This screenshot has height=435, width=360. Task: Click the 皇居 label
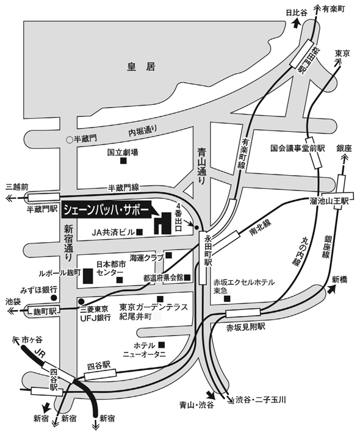pyautogui.click(x=141, y=67)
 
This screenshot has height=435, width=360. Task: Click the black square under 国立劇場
pyautogui.click(x=123, y=160)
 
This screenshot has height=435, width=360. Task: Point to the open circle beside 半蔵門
pyautogui.click(x=70, y=140)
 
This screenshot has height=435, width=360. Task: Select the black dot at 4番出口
pyautogui.click(x=196, y=228)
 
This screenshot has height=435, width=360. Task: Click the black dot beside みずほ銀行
pyautogui.click(x=54, y=298)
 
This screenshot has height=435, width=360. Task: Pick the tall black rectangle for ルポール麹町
pyautogui.click(x=88, y=276)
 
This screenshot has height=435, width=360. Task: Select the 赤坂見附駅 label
pyautogui.click(x=246, y=327)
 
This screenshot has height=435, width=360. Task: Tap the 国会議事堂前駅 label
pyautogui.click(x=298, y=148)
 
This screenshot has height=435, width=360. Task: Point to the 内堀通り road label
pyautogui.click(x=143, y=131)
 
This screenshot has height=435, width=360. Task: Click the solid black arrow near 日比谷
pyautogui.click(x=297, y=24)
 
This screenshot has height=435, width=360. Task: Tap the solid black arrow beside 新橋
pyautogui.click(x=331, y=290)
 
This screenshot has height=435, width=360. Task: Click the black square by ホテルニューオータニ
pyautogui.click(x=162, y=345)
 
